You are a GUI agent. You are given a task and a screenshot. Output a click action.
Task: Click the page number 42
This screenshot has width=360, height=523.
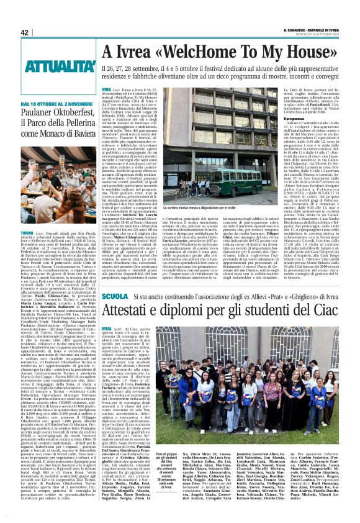pyautogui.click(x=25, y=33)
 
